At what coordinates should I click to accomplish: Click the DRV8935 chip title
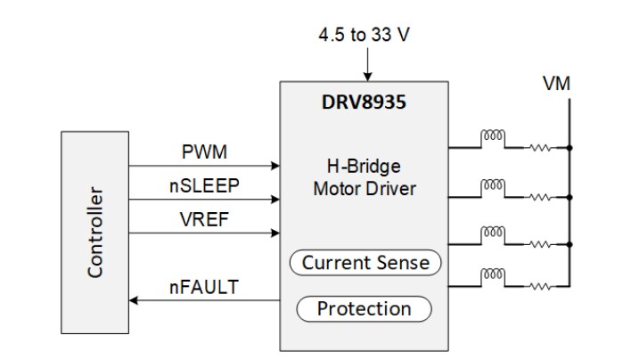pyautogui.click(x=365, y=102)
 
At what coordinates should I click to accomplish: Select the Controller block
pyautogui.click(x=94, y=233)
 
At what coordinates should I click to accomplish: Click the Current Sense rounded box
pyautogui.click(x=365, y=263)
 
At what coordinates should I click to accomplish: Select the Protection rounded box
pyautogui.click(x=364, y=309)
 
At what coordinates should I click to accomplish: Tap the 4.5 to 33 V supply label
pyautogui.click(x=365, y=37)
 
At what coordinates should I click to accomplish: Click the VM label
pyautogui.click(x=556, y=85)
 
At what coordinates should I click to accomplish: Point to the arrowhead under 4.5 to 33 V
pyautogui.click(x=365, y=76)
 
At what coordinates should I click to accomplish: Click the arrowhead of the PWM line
pyautogui.click(x=275, y=166)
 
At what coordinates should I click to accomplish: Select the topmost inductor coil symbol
pyautogui.click(x=492, y=137)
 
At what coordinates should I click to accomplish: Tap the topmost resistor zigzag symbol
pyautogui.click(x=537, y=146)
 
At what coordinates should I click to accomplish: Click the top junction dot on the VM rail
pyautogui.click(x=568, y=146)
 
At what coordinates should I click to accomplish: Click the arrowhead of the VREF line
pyautogui.click(x=275, y=233)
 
